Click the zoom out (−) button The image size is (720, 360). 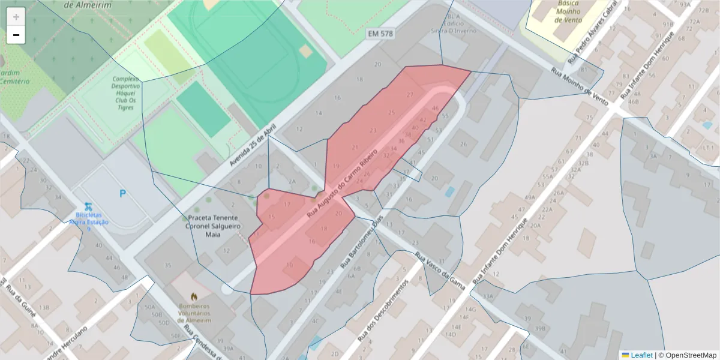pyautogui.click(x=16, y=35)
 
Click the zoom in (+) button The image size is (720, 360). pyautogui.click(x=16, y=17)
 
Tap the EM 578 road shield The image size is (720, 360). pyautogui.click(x=380, y=34)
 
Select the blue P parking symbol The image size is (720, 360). pyautogui.click(x=122, y=193)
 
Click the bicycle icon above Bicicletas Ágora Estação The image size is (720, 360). pyautogui.click(x=88, y=206)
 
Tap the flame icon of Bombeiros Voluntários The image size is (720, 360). pyautogui.click(x=194, y=296)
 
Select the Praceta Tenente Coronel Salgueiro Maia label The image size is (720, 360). pyautogui.click(x=214, y=226)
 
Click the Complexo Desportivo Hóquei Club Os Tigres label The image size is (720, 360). pyautogui.click(x=125, y=94)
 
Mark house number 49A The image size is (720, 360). pyautogui.click(x=529, y=197)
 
